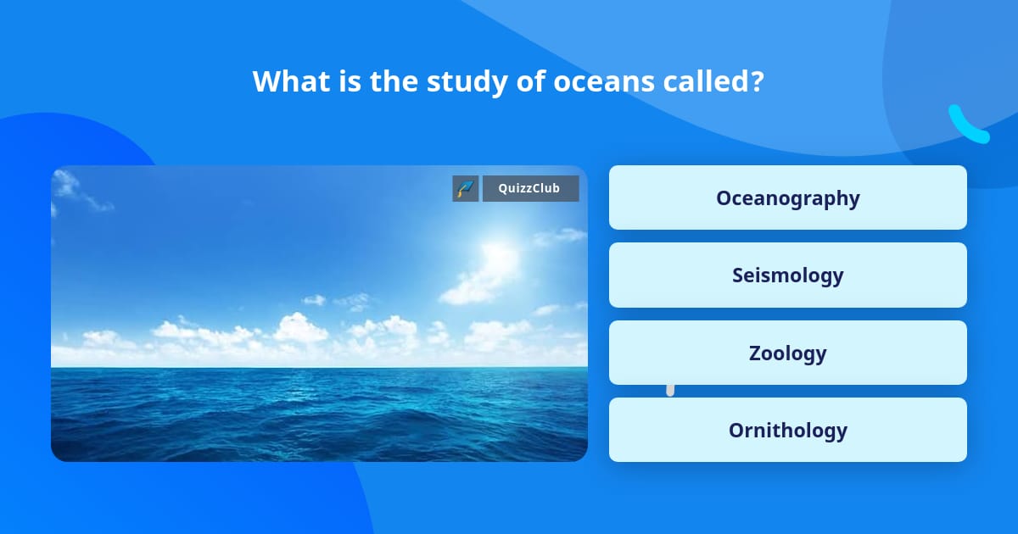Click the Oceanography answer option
[x=787, y=197]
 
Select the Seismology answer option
[x=787, y=275]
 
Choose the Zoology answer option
[x=787, y=353]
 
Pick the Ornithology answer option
[x=787, y=430]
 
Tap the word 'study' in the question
[x=461, y=81]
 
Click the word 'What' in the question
[x=288, y=81]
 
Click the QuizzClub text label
[x=530, y=188]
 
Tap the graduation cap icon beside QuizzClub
[x=466, y=188]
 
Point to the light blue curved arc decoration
[x=967, y=125]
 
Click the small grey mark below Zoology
[x=670, y=390]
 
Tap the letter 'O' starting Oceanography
[x=724, y=197]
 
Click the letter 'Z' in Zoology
[x=756, y=353]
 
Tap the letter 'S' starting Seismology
[x=738, y=275]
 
